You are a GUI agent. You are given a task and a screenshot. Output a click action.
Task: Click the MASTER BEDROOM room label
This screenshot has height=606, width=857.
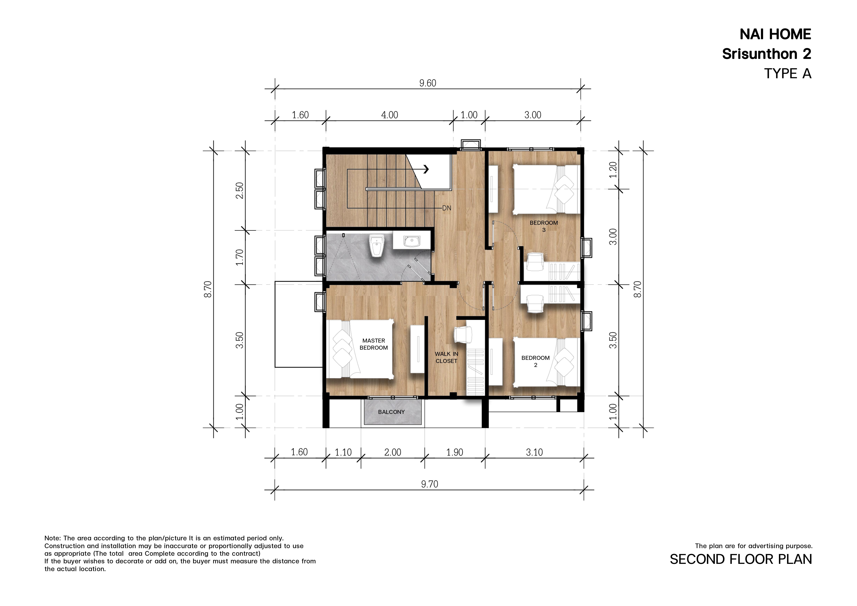coord(374,344)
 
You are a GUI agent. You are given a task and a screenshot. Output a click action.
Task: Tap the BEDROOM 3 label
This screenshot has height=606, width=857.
coord(544,226)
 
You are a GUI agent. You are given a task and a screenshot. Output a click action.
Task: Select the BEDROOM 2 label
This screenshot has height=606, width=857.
coord(536,361)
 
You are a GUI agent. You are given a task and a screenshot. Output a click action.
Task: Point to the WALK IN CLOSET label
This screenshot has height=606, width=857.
coord(446,357)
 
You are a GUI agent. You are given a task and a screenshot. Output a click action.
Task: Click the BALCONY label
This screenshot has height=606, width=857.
coord(391,412)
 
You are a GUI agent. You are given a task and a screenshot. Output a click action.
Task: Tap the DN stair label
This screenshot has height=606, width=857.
coord(447,208)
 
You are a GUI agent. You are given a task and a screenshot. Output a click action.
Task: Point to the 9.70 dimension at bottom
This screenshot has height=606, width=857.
coord(430,484)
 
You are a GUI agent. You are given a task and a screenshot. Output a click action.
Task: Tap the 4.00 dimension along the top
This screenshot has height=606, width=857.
coord(390,115)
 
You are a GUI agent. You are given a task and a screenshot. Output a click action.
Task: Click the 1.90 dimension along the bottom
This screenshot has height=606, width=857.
coord(455,452)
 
